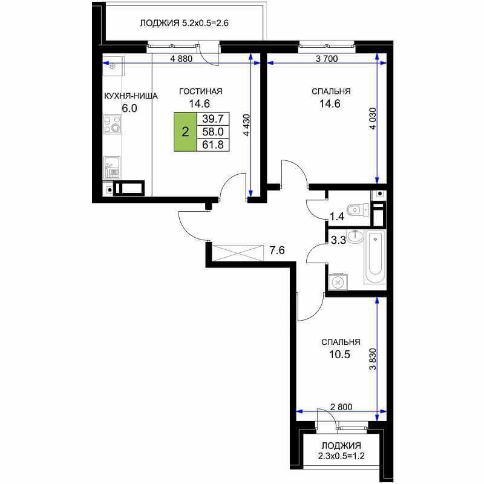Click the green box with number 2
click(185, 132)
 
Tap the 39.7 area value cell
click(213, 119)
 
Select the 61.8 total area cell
click(213, 145)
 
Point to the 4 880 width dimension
click(181, 59)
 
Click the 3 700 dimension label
click(327, 59)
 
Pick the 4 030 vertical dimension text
click(373, 119)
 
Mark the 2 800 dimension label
click(341, 407)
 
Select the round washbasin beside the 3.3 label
click(355, 237)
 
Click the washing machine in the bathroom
click(338, 282)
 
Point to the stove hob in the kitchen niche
click(113, 124)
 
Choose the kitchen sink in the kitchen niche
click(112, 168)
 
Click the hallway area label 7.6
click(277, 250)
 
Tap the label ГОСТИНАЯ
click(201, 91)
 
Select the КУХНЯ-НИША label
click(131, 96)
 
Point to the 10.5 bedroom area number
click(339, 355)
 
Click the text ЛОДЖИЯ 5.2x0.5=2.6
click(185, 23)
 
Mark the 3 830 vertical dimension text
click(373, 359)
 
